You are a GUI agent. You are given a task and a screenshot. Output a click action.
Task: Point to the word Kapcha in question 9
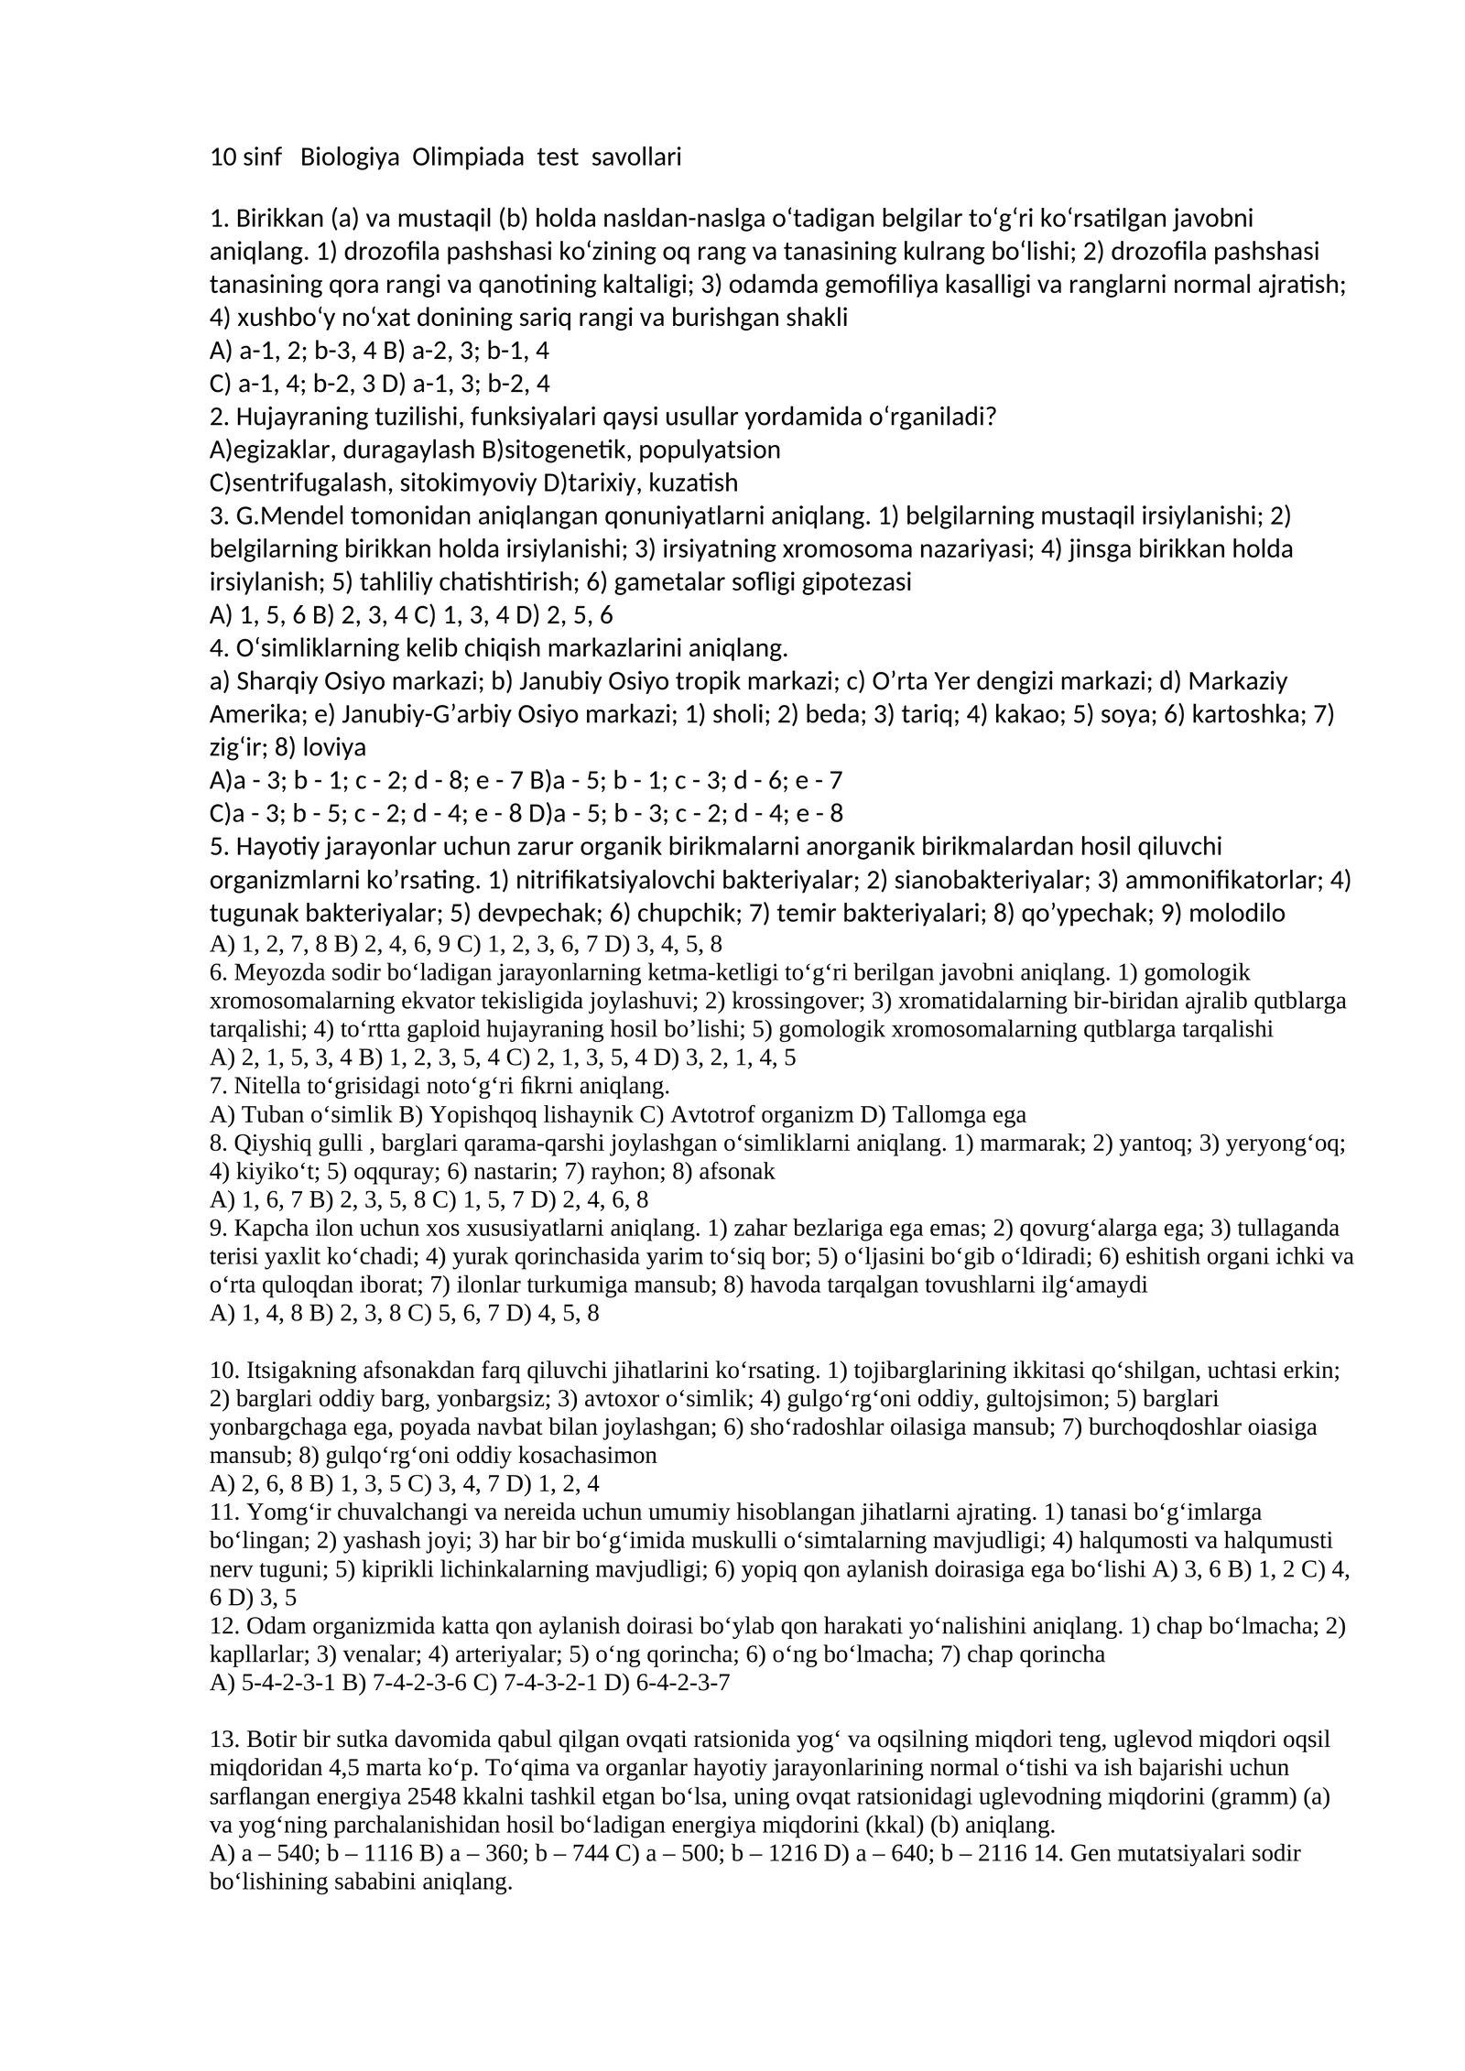tap(266, 1228)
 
